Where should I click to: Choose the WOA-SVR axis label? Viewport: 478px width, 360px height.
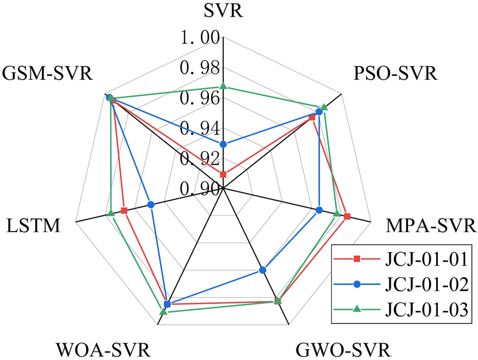103,349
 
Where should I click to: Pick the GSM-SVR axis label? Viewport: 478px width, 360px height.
47,73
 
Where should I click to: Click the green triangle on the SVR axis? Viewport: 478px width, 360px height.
223,86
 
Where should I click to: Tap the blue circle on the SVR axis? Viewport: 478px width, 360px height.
223,144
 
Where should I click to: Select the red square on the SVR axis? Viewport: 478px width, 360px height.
223,174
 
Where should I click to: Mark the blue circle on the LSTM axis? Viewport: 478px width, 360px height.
151,204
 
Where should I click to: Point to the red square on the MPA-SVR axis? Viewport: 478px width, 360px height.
347,217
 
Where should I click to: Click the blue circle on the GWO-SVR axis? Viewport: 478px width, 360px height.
263,270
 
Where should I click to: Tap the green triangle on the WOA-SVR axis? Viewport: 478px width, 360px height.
164,312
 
